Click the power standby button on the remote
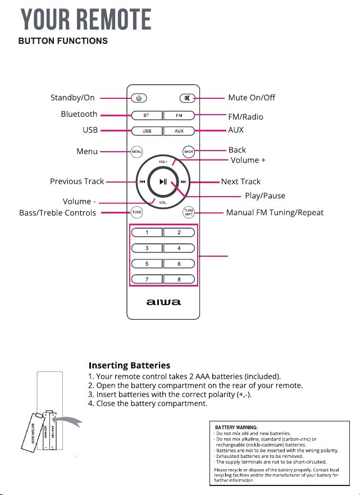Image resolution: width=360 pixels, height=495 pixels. (139, 98)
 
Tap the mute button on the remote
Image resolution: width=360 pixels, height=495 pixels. (188, 98)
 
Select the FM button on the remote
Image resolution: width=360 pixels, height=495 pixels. (179, 116)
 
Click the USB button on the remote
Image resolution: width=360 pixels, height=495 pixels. (147, 131)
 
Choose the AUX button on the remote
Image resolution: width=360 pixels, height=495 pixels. (179, 131)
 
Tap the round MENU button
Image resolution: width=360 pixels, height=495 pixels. (136, 152)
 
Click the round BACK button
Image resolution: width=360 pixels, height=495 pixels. (189, 152)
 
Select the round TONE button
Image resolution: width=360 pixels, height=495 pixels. (136, 212)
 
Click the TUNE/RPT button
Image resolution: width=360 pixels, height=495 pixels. (189, 212)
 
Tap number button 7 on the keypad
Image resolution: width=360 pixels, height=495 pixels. (147, 279)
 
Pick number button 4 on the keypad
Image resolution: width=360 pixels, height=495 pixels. (179, 248)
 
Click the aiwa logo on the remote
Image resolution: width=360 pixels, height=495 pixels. (163, 302)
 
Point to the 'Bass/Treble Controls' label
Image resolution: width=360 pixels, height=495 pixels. (57, 213)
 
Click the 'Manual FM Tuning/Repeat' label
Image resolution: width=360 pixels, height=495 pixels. (275, 213)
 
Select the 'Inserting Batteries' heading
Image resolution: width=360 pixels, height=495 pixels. (129, 366)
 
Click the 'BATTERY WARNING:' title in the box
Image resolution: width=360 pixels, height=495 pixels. (236, 428)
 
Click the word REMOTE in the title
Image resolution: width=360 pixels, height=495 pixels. (114, 20)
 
